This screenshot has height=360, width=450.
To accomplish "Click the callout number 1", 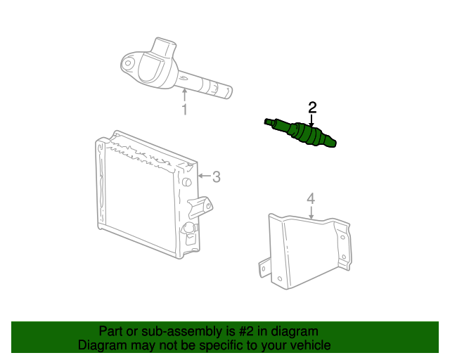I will click(185, 110).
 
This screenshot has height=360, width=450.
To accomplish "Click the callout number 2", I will click(312, 108).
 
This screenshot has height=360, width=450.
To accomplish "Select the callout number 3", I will click(217, 176).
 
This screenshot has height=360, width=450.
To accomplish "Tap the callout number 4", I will click(311, 200).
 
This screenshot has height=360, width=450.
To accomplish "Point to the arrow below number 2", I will click(312, 120).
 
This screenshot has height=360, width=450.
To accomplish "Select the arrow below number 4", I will click(311, 214).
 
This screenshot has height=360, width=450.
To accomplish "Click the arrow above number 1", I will click(185, 96).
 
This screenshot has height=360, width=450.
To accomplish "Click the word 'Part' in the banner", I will click(111, 331).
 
